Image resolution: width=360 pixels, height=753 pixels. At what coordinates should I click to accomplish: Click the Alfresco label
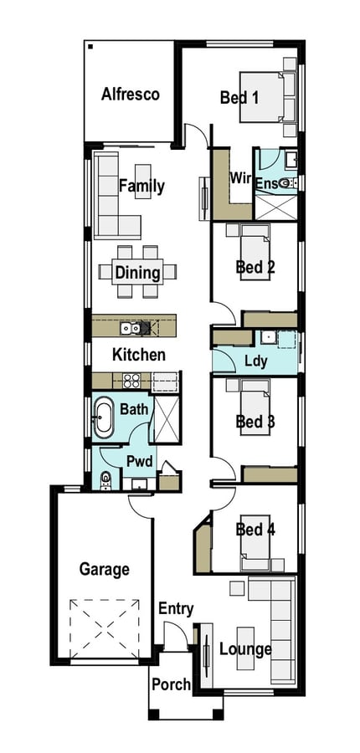click(x=131, y=94)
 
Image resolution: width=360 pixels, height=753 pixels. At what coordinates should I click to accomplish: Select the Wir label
click(x=240, y=178)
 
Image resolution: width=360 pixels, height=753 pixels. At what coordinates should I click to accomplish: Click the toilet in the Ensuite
click(x=286, y=182)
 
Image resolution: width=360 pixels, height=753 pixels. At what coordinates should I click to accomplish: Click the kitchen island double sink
click(x=131, y=328)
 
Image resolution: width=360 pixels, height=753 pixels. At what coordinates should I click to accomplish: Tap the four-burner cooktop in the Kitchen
click(x=131, y=381)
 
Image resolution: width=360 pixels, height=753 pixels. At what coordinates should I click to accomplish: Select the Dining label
click(x=137, y=273)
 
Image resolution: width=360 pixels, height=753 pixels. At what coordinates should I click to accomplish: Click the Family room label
click(x=141, y=186)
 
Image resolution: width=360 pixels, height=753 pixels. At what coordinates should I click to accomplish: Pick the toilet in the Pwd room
click(x=105, y=480)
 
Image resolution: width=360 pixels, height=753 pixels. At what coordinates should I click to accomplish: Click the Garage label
click(x=105, y=570)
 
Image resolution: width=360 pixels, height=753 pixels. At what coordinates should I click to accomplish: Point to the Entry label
click(x=176, y=609)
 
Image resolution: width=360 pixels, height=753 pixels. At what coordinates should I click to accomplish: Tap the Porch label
click(x=171, y=684)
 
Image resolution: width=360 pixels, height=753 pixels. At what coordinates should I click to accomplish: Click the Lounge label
click(x=245, y=649)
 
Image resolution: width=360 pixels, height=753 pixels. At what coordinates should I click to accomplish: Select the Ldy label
click(x=255, y=361)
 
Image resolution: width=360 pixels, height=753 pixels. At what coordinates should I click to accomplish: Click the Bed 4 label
click(x=255, y=530)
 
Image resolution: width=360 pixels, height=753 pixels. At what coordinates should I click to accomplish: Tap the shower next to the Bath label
click(x=167, y=419)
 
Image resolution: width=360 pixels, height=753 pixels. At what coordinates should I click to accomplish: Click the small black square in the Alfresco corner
click(x=90, y=47)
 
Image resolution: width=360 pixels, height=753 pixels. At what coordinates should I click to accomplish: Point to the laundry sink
click(x=268, y=338)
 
